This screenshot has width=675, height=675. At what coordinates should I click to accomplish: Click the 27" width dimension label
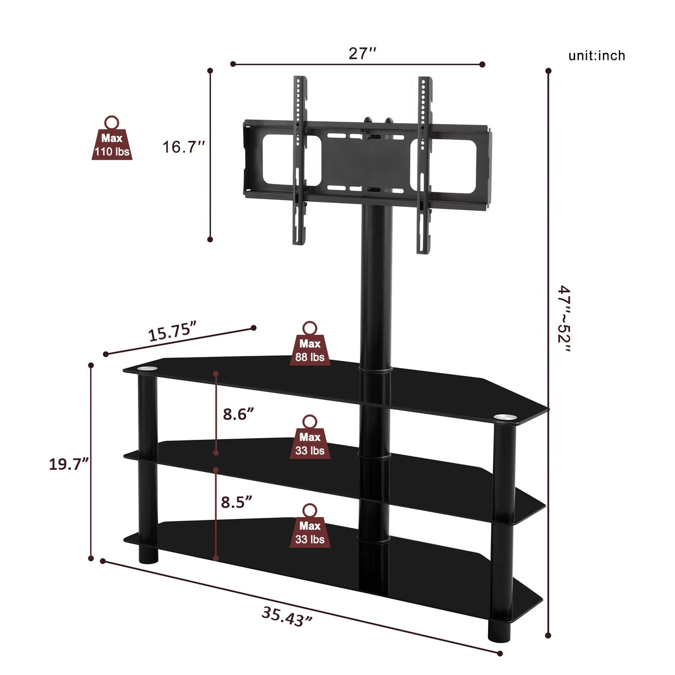pyautogui.click(x=363, y=53)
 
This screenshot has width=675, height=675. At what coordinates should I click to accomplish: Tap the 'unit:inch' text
pyautogui.click(x=597, y=56)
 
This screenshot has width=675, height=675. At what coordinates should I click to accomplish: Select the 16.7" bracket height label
pyautogui.click(x=184, y=147)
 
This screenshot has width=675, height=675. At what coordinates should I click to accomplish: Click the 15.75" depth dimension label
pyautogui.click(x=172, y=332)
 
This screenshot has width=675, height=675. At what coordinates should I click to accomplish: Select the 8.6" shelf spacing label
pyautogui.click(x=239, y=414)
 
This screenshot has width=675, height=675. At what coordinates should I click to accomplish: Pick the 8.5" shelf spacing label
pyautogui.click(x=237, y=502)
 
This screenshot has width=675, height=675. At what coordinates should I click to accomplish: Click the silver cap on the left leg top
pyautogui.click(x=148, y=368)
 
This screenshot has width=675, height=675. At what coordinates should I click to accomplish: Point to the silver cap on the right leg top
pyautogui.click(x=504, y=416)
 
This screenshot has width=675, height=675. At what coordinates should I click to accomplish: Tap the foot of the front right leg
pyautogui.click(x=499, y=631)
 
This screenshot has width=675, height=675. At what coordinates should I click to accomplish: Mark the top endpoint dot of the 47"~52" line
pyautogui.click(x=548, y=71)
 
